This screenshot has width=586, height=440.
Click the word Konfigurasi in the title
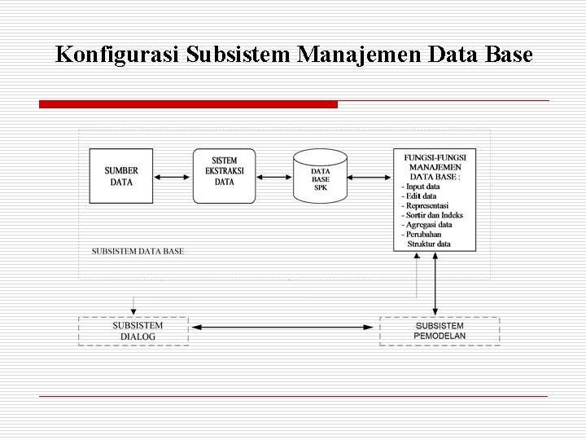pyautogui.click(x=117, y=55)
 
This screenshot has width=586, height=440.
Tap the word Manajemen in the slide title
pyautogui.click(x=358, y=55)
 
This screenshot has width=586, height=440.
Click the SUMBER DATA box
pyautogui.click(x=121, y=176)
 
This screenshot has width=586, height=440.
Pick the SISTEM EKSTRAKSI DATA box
pyautogui.click(x=224, y=175)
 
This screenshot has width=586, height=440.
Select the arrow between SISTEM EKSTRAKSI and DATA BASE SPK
pyautogui.click(x=274, y=176)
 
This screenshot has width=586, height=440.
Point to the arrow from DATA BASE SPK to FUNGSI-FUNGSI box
pyautogui.click(x=370, y=176)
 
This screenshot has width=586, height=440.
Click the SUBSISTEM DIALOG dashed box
pyautogui.click(x=133, y=331)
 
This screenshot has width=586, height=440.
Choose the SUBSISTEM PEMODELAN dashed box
pyautogui.click(x=439, y=331)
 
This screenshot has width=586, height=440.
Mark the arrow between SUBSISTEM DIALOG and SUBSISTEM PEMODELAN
pyautogui.click(x=284, y=328)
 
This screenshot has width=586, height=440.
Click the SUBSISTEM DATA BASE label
pyautogui.click(x=138, y=251)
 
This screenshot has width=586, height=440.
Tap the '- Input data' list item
pyautogui.click(x=421, y=187)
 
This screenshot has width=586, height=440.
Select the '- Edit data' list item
pyautogui.click(x=419, y=196)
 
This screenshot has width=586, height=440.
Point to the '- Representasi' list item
pyautogui.click(x=425, y=206)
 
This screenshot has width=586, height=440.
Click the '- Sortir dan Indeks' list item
pyautogui.click(x=432, y=215)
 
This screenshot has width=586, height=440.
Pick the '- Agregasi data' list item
pyautogui.click(x=426, y=225)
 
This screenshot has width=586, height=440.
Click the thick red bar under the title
pyautogui.click(x=188, y=104)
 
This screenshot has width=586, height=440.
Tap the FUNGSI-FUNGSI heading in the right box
pyautogui.click(x=435, y=156)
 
